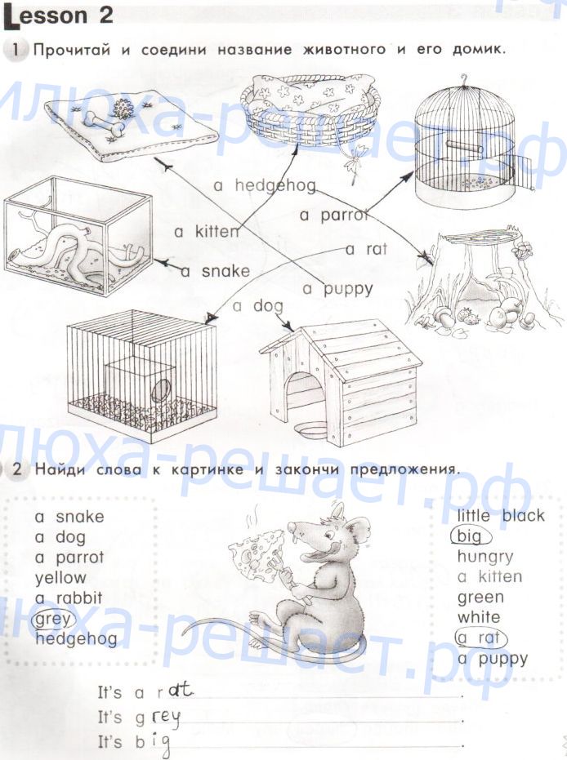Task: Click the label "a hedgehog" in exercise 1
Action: [265, 185]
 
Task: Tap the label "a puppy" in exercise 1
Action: [337, 289]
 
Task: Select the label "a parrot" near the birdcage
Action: [334, 215]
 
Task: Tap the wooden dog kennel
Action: [341, 383]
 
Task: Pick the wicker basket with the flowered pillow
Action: [310, 109]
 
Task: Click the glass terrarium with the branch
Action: [78, 236]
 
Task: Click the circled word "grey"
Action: [52, 619]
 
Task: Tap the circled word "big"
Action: [470, 536]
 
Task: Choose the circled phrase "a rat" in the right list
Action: [480, 638]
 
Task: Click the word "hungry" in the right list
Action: [485, 558]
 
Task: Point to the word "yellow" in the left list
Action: [60, 578]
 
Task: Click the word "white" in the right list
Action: [478, 617]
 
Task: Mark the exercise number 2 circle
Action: [17, 469]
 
